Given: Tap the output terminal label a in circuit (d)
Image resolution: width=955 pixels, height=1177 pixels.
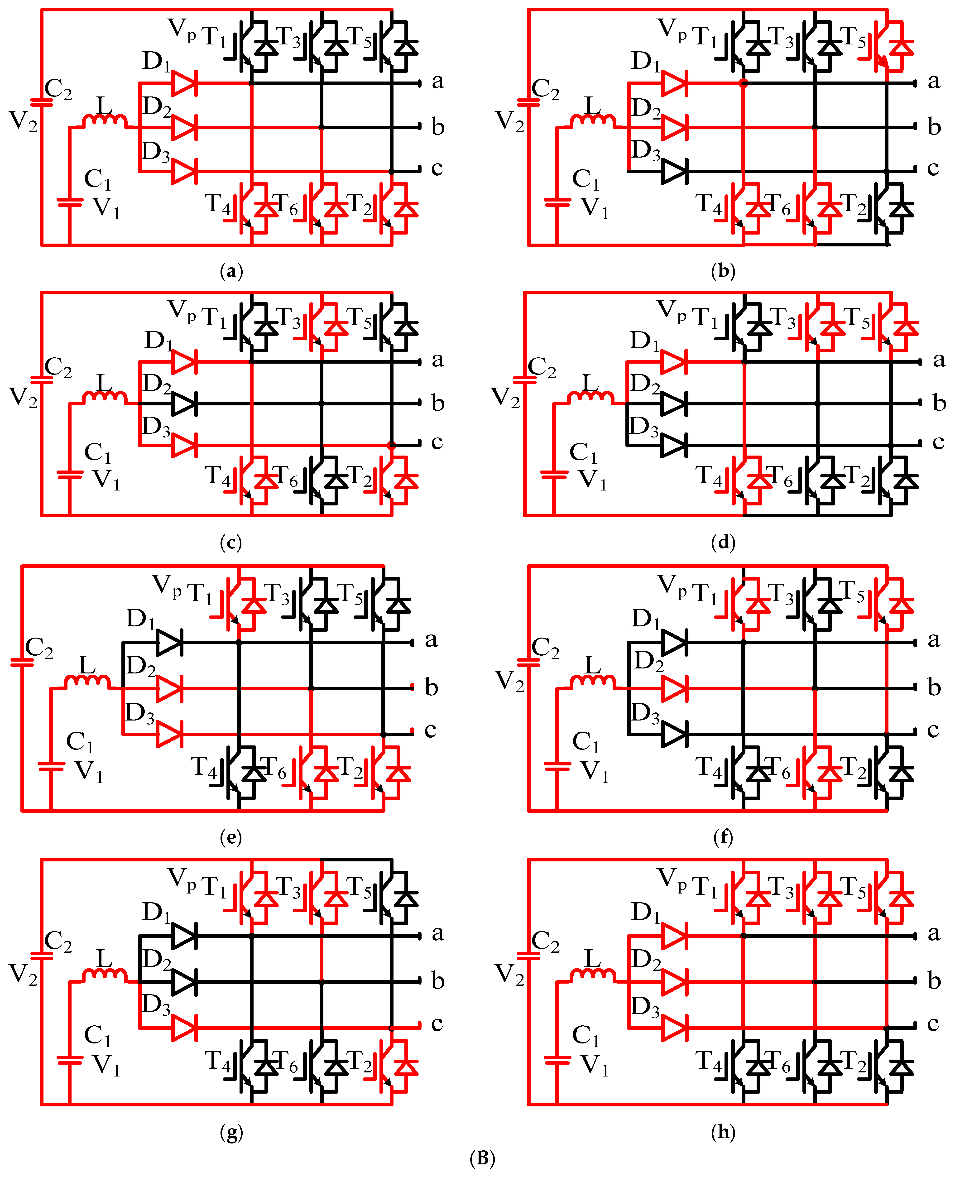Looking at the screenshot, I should [939, 360].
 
